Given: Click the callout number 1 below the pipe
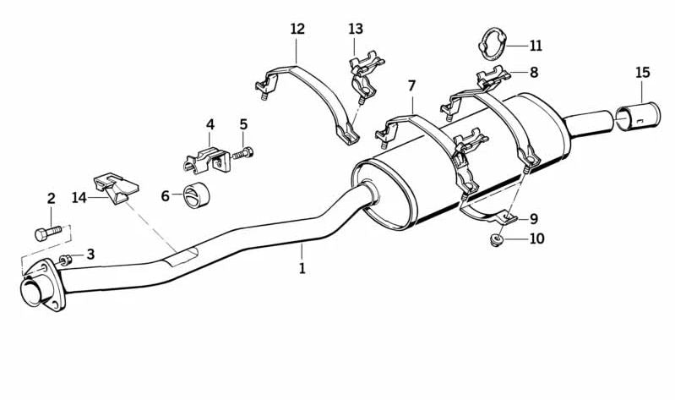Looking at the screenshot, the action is (302, 269).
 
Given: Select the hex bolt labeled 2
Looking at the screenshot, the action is (48, 233).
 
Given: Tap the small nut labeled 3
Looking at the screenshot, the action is (65, 260).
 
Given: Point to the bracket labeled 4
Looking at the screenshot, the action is (207, 161).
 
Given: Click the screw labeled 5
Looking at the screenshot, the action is (243, 153).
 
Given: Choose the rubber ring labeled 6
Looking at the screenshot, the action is (196, 195).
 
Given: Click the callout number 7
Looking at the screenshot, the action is (412, 86).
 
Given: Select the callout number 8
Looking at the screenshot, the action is (534, 72).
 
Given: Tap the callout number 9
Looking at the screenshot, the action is (534, 219).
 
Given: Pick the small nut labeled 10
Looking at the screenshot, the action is (497, 239).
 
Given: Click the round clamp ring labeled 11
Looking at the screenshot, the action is (491, 44).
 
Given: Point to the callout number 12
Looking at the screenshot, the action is (297, 30).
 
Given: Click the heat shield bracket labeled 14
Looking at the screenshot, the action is (117, 188).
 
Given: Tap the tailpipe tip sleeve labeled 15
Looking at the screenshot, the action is (638, 117).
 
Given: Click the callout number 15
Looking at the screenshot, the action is (642, 72).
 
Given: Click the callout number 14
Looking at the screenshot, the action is (79, 198).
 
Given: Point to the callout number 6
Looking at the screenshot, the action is (166, 196).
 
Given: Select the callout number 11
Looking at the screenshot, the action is (536, 46).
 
